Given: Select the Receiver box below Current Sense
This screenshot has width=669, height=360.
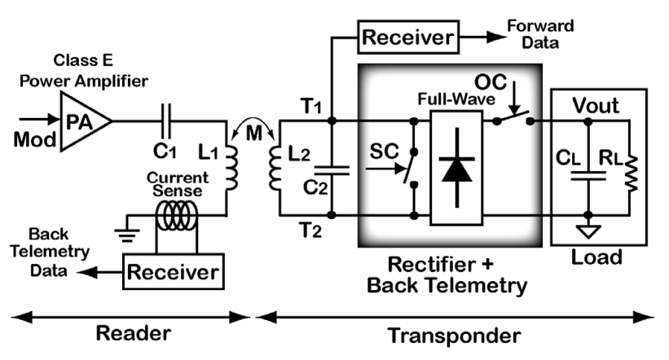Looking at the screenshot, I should [173, 270].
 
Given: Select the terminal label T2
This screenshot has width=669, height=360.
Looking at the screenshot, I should [310, 230].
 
